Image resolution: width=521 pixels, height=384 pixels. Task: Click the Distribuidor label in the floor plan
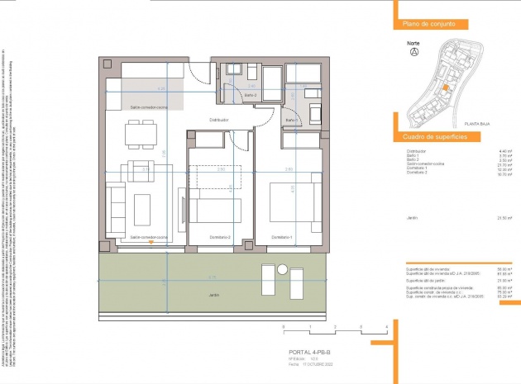click(x=218, y=120)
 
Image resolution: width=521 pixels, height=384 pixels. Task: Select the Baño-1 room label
click(x=291, y=121)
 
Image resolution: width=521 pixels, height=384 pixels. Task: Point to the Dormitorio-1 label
click(x=283, y=237)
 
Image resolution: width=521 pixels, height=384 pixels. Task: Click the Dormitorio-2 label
click(x=219, y=237)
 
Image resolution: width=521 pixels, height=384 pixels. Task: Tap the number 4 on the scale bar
click(x=386, y=328)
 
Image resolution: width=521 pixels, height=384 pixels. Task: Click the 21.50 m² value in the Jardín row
click(x=504, y=218)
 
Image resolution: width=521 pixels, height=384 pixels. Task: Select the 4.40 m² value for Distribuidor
click(x=504, y=151)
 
